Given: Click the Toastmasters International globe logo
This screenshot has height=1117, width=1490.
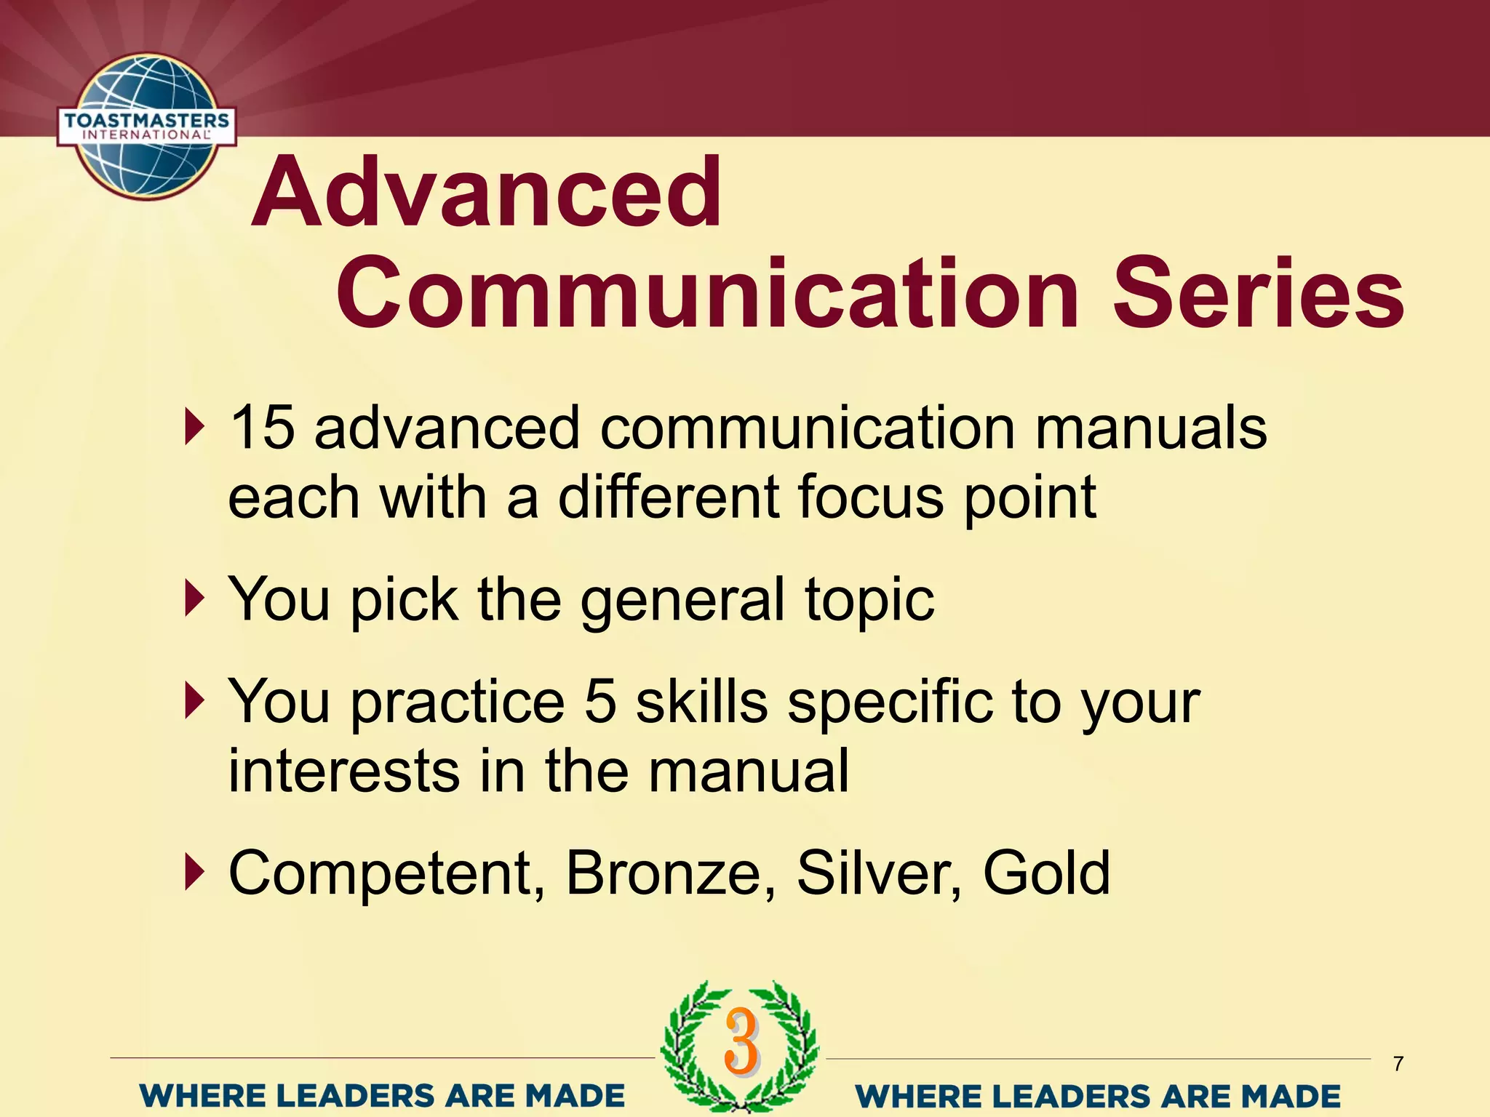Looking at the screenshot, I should coord(147,127).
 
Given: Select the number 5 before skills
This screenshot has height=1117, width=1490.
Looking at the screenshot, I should coord(601,702).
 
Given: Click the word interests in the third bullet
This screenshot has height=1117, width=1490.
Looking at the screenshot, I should coord(344,771).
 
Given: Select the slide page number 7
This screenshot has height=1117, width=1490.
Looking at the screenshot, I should coord(1398,1064).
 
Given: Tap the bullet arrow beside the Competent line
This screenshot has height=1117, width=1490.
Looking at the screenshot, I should coord(193,872).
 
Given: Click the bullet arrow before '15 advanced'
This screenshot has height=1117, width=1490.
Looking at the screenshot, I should coord(193,427).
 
